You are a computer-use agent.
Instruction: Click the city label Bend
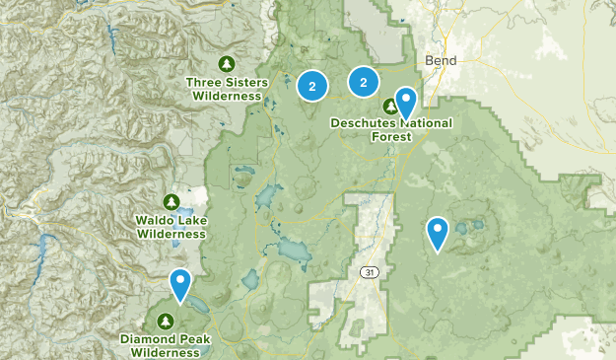point(442,61)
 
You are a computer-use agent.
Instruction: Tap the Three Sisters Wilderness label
point(227,89)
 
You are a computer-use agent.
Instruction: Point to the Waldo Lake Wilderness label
point(171,226)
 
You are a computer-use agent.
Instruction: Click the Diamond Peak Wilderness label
point(167,344)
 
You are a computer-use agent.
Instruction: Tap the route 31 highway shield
point(368,272)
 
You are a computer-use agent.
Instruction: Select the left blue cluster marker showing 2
point(312,87)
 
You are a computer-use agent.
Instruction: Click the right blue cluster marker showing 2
point(364,81)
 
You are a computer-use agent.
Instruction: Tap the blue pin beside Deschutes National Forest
point(405,102)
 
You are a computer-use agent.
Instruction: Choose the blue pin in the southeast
point(438,233)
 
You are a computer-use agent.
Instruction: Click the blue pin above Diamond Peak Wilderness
point(180,283)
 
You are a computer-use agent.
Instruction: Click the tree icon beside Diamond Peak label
point(165,321)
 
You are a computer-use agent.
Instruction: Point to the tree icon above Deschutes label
point(388,107)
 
